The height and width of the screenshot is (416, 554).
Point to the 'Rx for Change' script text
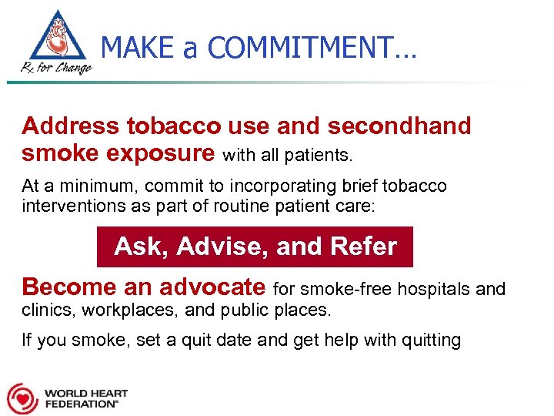point(56,67)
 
